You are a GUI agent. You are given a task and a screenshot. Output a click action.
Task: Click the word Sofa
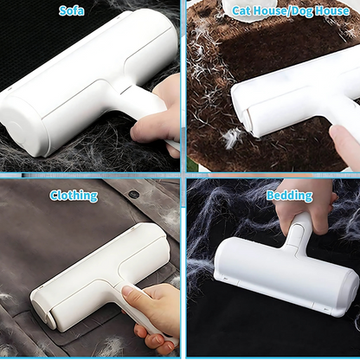(72, 10)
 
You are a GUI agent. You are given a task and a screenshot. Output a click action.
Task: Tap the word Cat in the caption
(243, 10)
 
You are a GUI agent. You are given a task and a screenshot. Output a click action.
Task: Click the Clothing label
(74, 196)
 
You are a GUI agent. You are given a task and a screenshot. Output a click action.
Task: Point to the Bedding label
(289, 196)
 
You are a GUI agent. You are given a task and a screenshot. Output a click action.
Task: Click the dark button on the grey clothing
(133, 194)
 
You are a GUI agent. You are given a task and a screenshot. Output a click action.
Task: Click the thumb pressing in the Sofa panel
(145, 129)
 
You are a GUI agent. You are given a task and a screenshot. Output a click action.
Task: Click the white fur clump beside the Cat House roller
(232, 137)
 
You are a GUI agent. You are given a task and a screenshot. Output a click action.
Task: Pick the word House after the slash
(331, 10)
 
